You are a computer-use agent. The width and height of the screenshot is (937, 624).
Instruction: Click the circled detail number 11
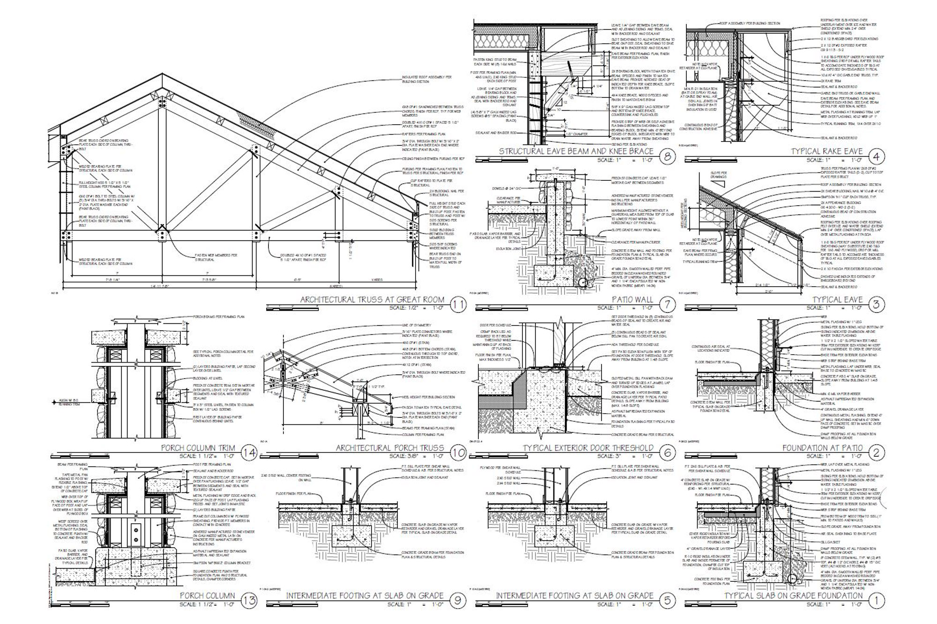[x=458, y=305]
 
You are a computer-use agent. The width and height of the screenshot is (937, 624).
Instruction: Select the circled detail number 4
[x=876, y=156]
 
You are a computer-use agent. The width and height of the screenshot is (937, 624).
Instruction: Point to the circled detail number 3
[x=876, y=305]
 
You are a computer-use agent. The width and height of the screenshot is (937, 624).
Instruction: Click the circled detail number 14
[x=249, y=453]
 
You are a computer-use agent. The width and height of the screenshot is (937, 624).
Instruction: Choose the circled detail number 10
[x=458, y=453]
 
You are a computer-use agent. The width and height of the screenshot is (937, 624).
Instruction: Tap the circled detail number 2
[x=876, y=453]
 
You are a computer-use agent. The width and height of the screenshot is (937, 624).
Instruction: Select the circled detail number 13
[x=249, y=601]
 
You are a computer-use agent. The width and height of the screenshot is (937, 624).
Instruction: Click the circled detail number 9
[x=458, y=601]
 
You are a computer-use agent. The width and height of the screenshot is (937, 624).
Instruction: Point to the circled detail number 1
[x=876, y=601]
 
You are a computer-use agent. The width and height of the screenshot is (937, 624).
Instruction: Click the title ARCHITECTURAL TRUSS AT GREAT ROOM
[x=372, y=299]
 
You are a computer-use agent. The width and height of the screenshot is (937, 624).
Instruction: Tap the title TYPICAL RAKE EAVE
[x=826, y=151]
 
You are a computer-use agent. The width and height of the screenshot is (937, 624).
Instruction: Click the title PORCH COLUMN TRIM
[x=198, y=448]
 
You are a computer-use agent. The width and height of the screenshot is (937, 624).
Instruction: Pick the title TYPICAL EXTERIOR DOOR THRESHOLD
[x=588, y=448]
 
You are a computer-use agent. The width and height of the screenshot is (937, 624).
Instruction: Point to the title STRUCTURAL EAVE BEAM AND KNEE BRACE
[x=576, y=151]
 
